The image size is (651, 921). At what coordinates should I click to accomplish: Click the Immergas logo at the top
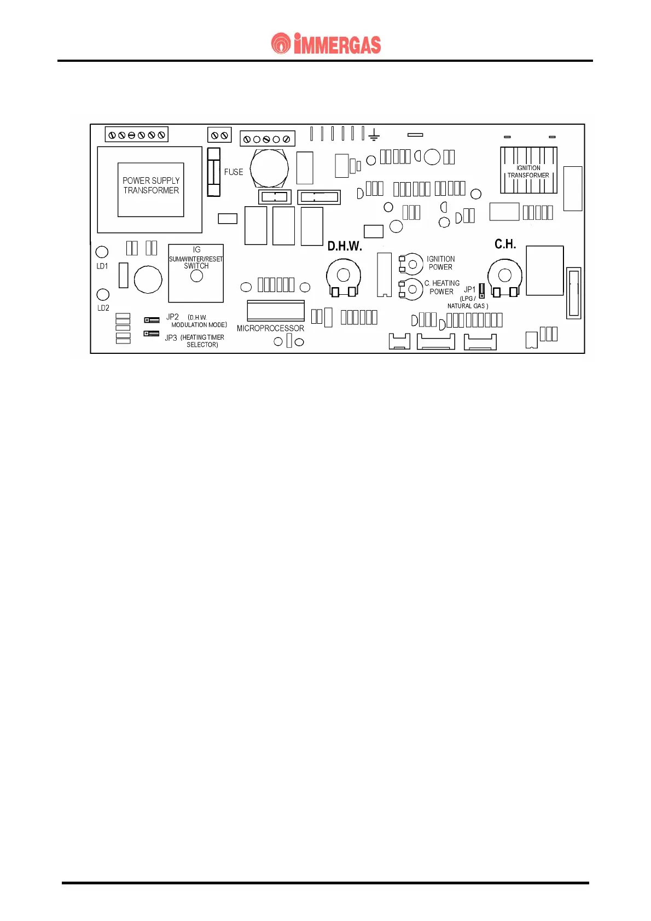pyautogui.click(x=326, y=44)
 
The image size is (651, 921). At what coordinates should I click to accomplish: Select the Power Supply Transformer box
pyautogui.click(x=150, y=189)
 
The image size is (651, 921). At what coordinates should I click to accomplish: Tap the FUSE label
pyautogui.click(x=234, y=172)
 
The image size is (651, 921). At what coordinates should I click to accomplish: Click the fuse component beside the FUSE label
pyautogui.click(x=213, y=172)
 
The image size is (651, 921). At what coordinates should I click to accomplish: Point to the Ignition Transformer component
pyautogui.click(x=528, y=171)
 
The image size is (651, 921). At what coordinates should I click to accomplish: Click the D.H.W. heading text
pyautogui.click(x=345, y=246)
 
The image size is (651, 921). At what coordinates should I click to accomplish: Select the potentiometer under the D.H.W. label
pyautogui.click(x=344, y=276)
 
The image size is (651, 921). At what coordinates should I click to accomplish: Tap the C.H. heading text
pyautogui.click(x=505, y=244)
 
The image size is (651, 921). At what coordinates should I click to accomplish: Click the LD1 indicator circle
pyautogui.click(x=102, y=252)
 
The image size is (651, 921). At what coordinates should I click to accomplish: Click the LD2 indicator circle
pyautogui.click(x=102, y=295)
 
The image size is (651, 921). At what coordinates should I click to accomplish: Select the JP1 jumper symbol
pyautogui.click(x=482, y=290)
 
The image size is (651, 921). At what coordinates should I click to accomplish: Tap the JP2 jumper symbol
pyautogui.click(x=152, y=319)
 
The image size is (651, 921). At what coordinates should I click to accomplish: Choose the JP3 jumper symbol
pyautogui.click(x=151, y=333)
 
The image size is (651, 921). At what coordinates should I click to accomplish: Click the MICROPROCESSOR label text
pyautogui.click(x=270, y=328)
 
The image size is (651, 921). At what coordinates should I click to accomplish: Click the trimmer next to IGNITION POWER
pyautogui.click(x=411, y=264)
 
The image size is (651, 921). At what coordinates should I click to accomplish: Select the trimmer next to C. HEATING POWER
pyautogui.click(x=411, y=289)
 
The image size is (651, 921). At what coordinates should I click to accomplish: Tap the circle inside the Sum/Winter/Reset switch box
pyautogui.click(x=196, y=276)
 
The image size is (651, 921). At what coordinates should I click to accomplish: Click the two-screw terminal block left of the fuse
pyautogui.click(x=219, y=135)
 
